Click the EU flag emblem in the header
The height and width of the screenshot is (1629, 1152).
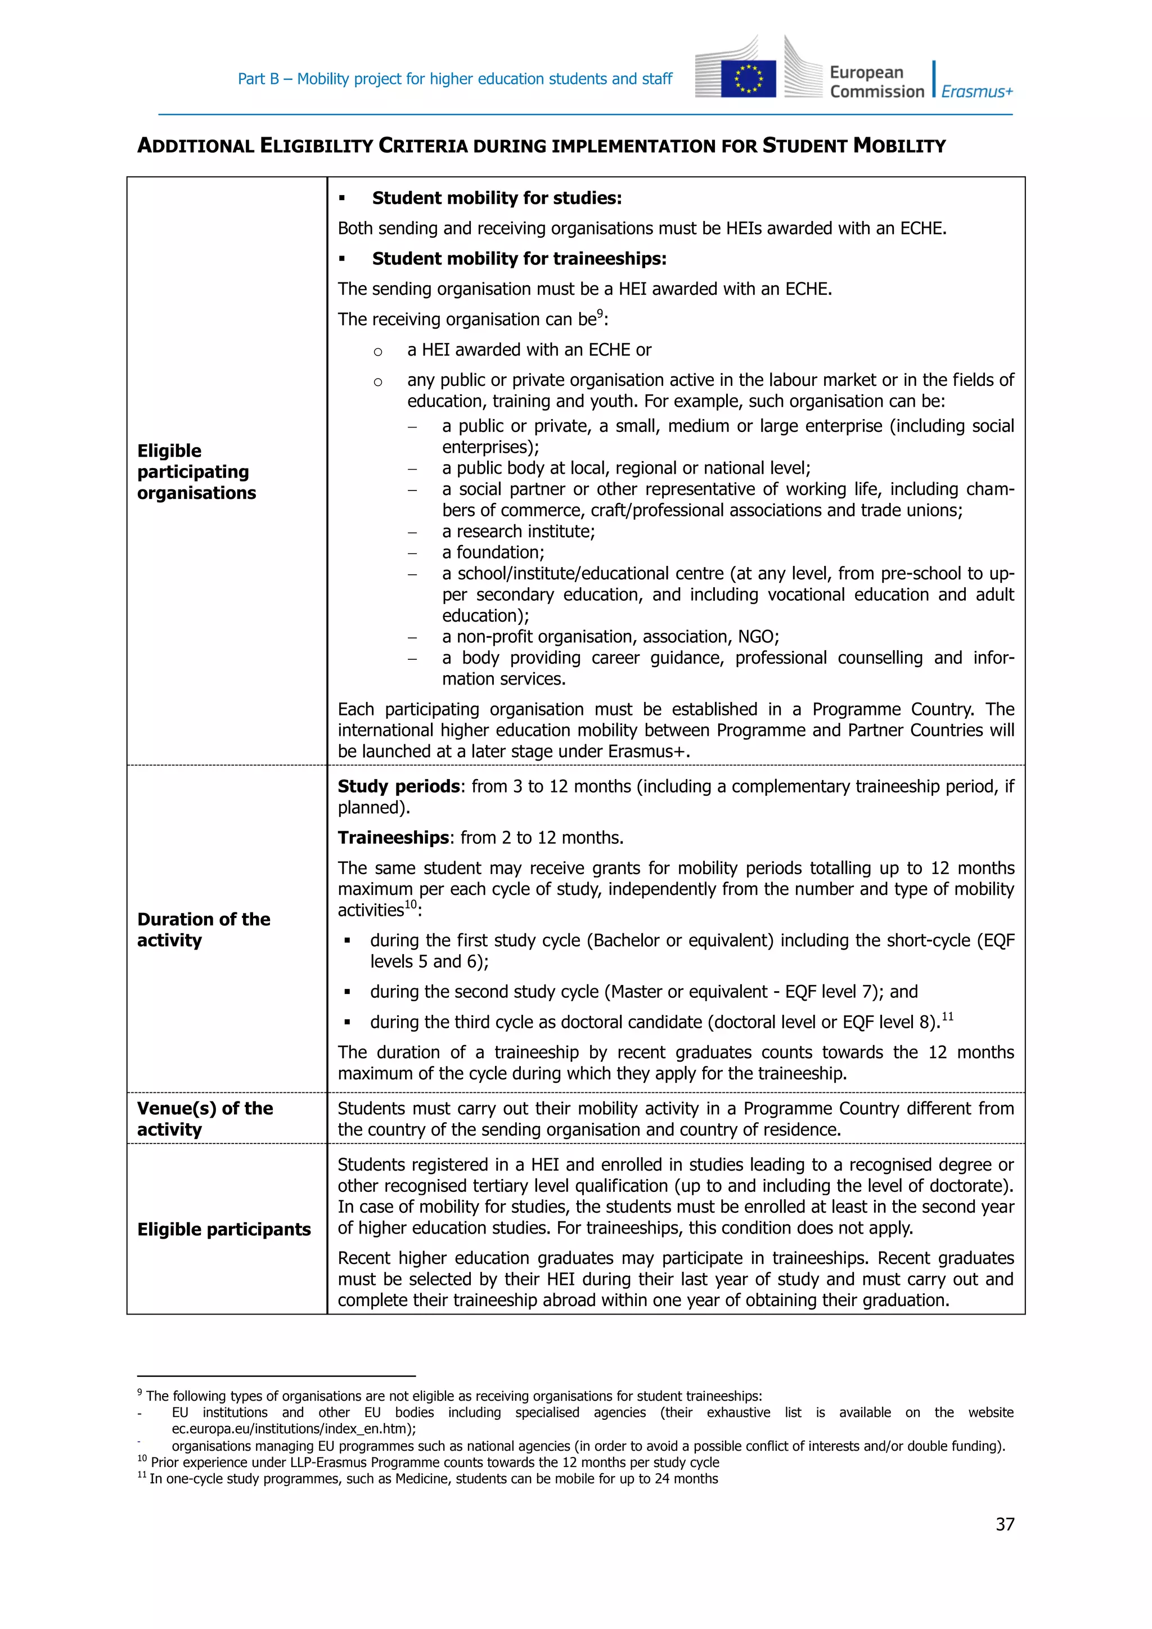click(748, 79)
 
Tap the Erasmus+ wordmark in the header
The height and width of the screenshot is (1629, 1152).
click(977, 92)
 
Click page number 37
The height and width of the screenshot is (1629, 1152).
click(1005, 1524)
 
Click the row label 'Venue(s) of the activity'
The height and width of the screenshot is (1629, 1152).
click(204, 1119)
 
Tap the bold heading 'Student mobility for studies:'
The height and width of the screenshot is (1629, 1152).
click(497, 198)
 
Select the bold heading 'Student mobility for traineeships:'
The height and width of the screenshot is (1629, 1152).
click(519, 259)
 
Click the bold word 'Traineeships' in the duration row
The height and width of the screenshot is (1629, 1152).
click(393, 838)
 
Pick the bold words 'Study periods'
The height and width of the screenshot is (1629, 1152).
click(399, 786)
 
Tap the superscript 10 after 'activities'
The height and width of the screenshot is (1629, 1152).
click(410, 904)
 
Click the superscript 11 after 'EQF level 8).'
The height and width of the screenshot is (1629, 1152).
click(947, 1016)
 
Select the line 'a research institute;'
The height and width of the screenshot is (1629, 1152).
click(518, 532)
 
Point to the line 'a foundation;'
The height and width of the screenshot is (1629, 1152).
click(492, 553)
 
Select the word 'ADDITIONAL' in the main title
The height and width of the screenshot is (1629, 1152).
click(195, 146)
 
